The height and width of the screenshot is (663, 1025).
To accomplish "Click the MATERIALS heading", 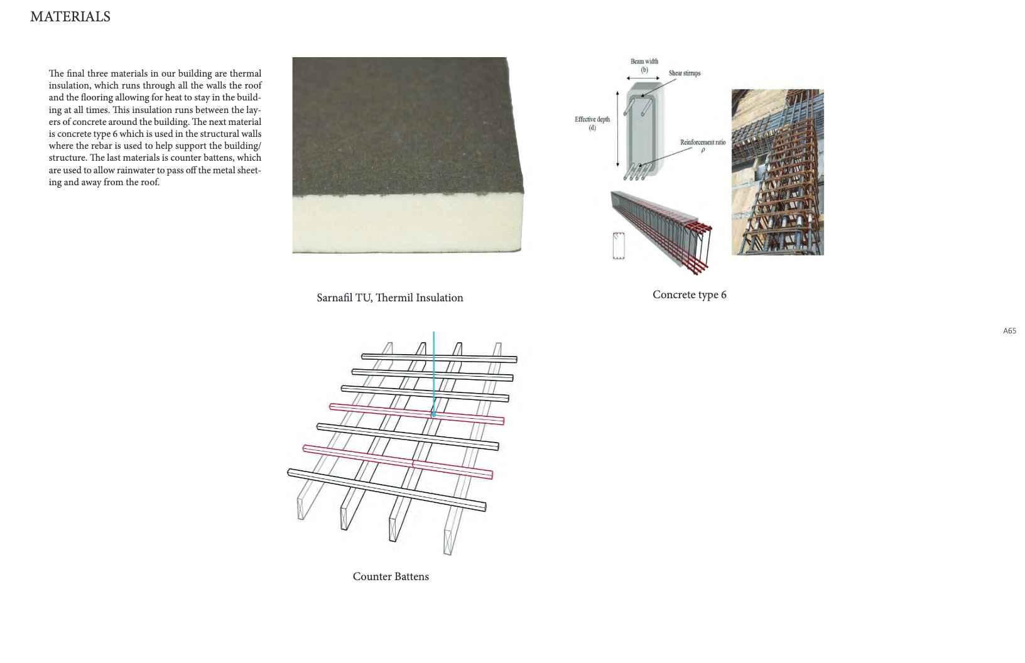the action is (x=70, y=17).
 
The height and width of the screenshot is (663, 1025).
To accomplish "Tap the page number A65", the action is (x=1009, y=331).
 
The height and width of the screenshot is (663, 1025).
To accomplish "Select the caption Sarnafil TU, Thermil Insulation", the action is (x=389, y=298).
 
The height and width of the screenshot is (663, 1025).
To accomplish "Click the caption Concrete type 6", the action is (x=689, y=294).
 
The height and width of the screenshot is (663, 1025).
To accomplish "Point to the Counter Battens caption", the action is (x=391, y=576).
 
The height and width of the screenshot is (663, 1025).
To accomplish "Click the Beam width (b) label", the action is (x=644, y=65).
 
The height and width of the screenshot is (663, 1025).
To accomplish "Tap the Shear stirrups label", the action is (x=685, y=73).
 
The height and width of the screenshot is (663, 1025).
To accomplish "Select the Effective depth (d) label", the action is (x=592, y=123).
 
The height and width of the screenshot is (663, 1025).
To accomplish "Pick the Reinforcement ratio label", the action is (x=702, y=143).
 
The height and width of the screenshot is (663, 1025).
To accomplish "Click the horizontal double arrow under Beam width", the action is (x=643, y=78).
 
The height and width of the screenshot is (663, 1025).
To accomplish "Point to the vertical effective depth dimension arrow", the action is (x=617, y=129).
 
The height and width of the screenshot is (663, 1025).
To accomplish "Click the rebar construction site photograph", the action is (x=778, y=172).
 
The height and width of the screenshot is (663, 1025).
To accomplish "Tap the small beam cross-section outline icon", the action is (x=619, y=245).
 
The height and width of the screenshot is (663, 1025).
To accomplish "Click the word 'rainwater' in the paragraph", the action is (x=141, y=170).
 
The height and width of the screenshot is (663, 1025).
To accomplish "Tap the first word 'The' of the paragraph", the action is (x=56, y=73).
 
